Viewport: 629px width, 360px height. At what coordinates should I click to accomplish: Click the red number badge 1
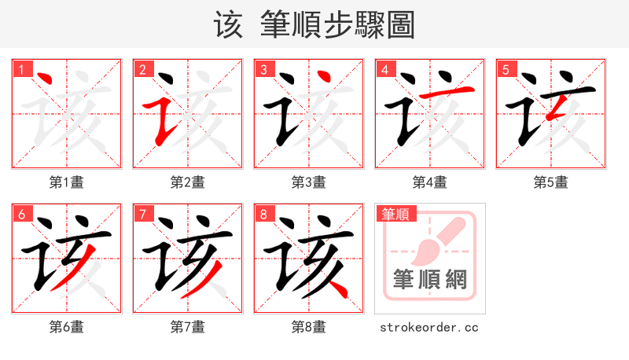20,69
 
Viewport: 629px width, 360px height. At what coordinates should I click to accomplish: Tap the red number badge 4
384,69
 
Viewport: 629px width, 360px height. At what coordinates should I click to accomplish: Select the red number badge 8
263,214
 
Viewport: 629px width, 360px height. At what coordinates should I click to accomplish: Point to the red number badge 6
20,214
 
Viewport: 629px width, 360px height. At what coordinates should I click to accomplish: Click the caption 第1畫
67,182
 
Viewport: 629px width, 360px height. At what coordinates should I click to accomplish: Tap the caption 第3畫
309,182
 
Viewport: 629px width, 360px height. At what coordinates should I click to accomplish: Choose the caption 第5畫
551,182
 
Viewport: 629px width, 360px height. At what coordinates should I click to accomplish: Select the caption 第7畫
188,327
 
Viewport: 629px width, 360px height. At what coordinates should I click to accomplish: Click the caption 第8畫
309,327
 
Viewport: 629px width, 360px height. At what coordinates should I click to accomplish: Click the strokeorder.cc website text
429,327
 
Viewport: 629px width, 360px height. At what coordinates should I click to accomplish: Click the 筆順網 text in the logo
429,280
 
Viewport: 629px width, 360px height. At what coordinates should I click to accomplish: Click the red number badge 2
142,69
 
